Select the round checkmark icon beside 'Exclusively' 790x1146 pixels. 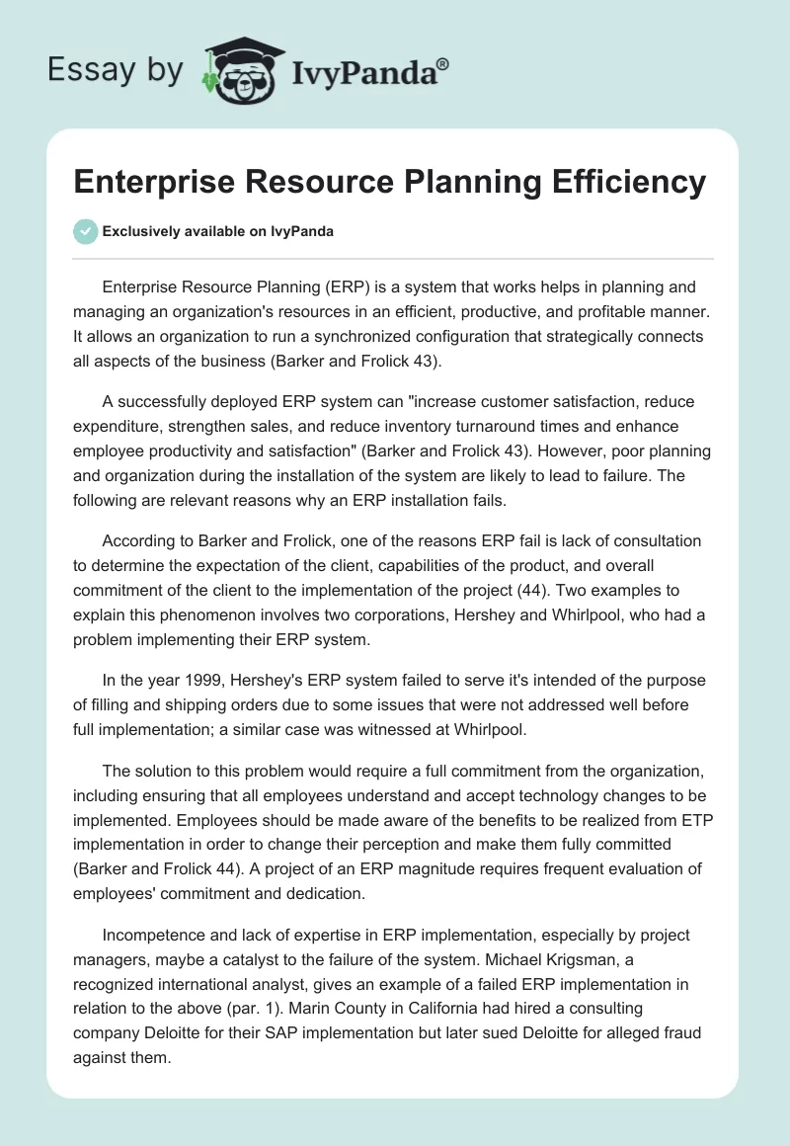[x=85, y=231]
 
